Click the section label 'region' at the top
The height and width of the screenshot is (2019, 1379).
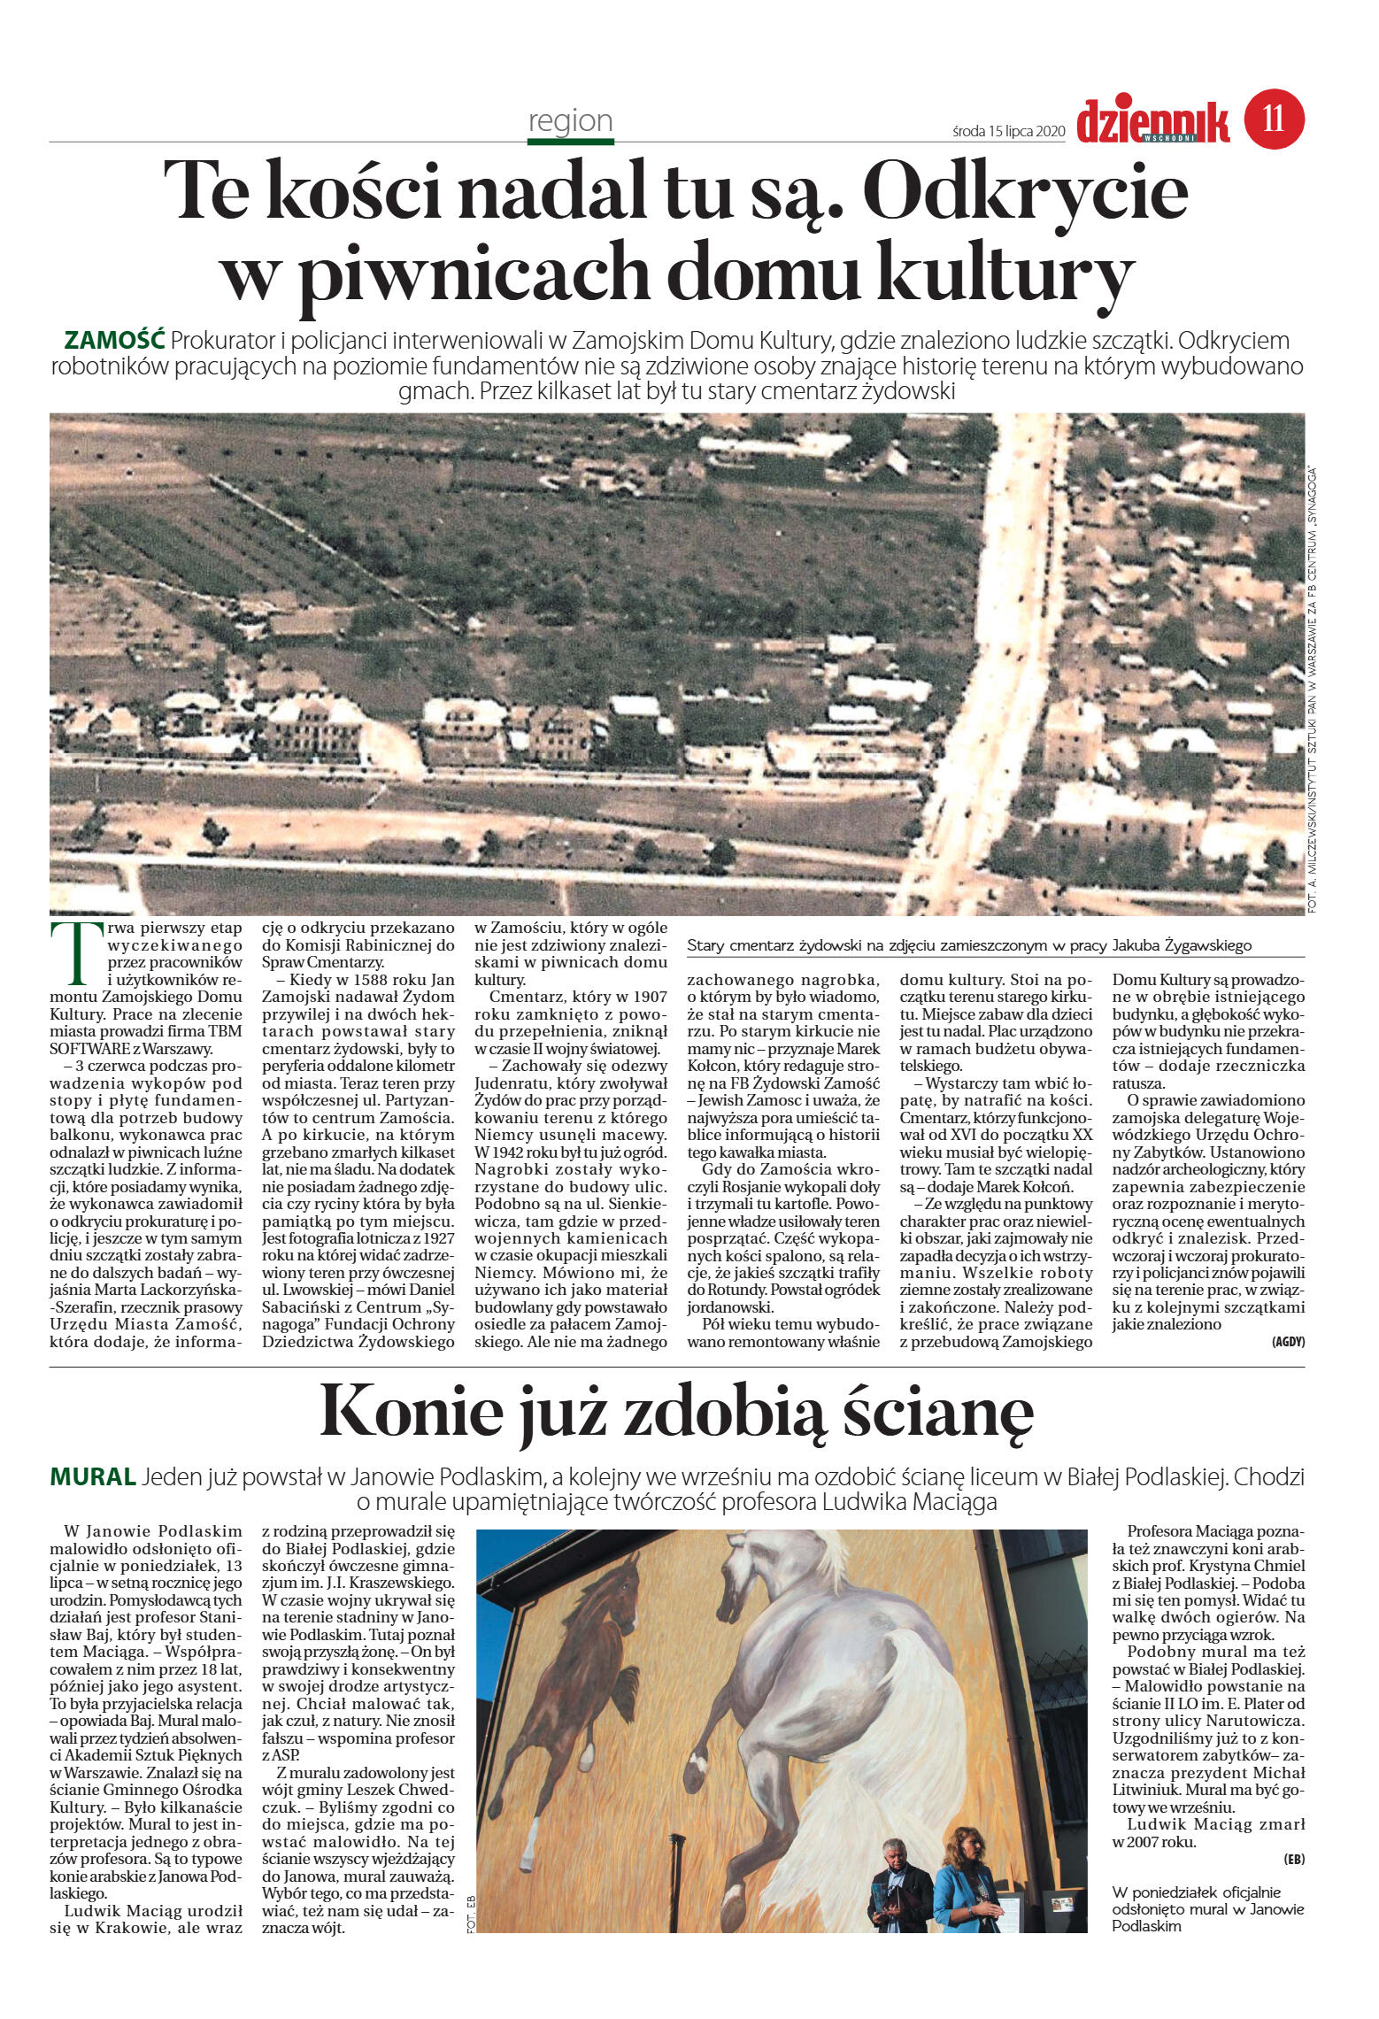coord(570,120)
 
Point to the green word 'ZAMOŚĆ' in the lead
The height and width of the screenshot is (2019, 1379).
coord(115,341)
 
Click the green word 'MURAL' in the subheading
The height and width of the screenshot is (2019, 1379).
coord(93,1477)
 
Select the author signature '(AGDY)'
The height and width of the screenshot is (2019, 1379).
coord(1287,1341)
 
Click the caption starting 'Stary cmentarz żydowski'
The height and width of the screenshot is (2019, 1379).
coord(969,945)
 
